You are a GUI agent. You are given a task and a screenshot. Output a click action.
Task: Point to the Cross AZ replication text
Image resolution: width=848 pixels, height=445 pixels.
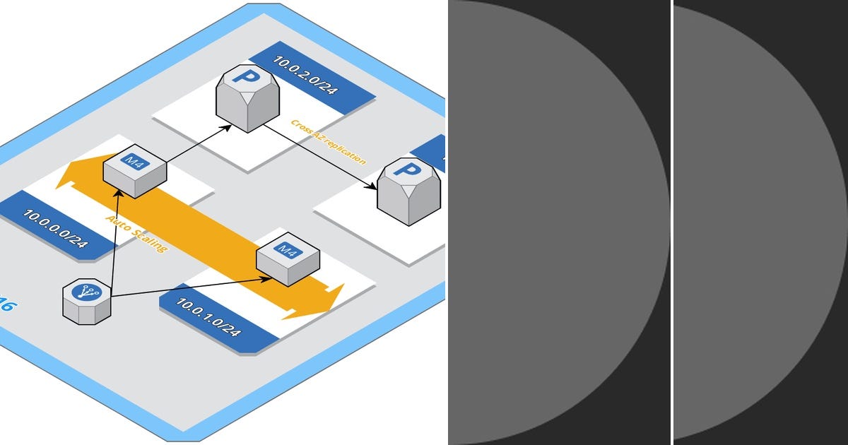click(329, 142)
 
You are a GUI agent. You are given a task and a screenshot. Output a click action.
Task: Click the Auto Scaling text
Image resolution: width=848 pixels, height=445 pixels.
click(137, 234)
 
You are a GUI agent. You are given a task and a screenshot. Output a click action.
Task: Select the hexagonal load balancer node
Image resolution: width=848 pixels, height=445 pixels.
click(87, 301)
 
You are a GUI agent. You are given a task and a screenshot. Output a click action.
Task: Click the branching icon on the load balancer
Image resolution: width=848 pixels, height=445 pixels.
click(87, 292)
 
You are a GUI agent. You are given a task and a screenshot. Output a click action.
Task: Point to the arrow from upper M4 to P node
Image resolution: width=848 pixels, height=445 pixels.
click(198, 144)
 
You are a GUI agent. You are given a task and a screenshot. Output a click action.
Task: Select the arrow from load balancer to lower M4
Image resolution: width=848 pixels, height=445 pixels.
click(191, 287)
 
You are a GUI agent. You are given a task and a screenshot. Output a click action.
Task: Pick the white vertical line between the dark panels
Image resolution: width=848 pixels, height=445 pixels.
click(671, 222)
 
